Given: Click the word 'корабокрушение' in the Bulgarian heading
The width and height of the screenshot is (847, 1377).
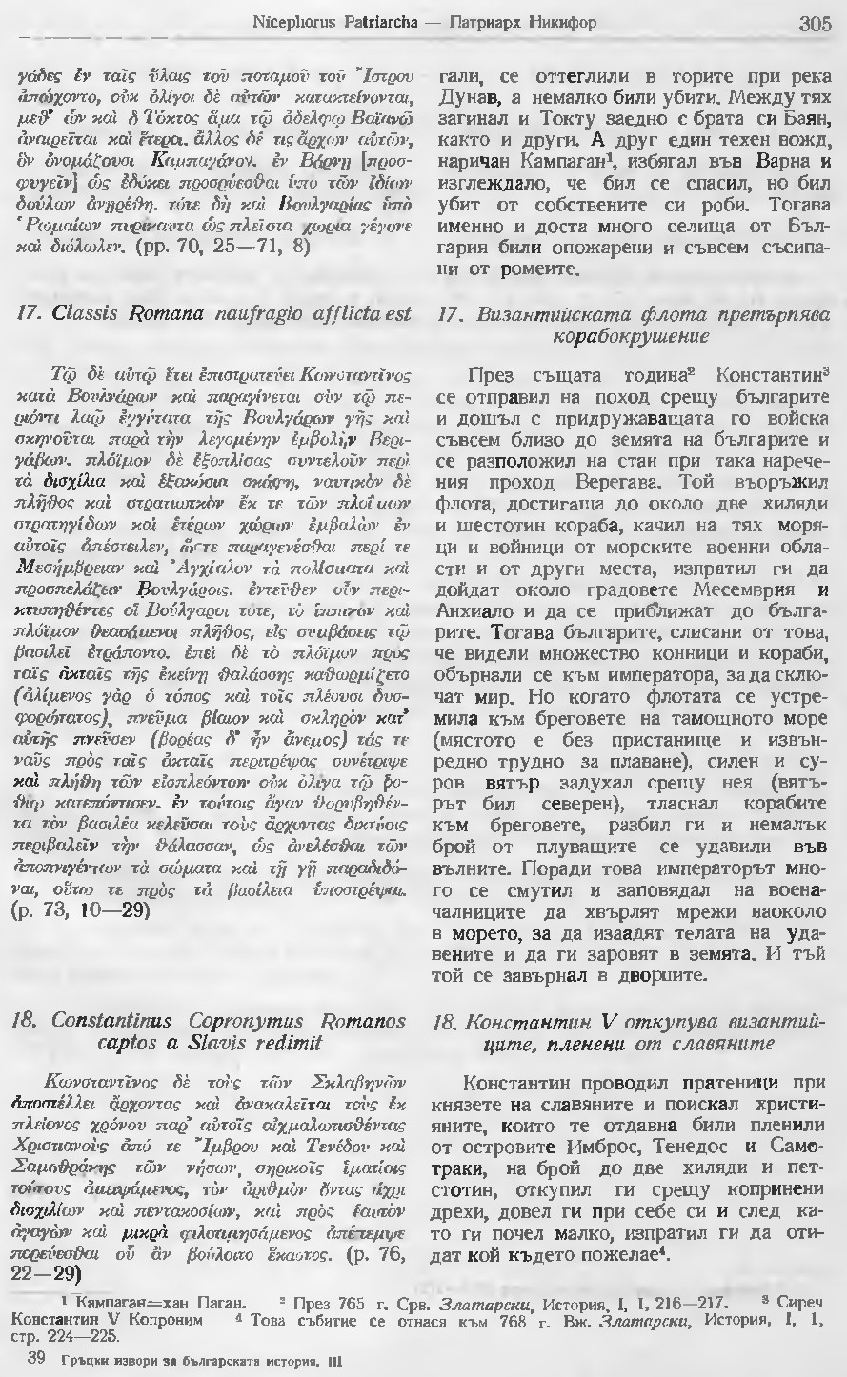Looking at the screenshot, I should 632,336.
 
